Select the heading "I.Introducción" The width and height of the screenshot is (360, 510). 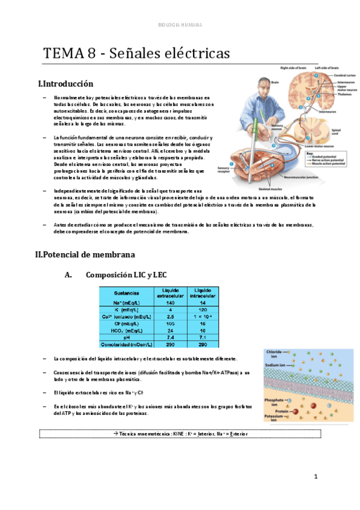coord(66,84)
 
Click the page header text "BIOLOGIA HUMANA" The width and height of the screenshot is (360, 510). coord(180,25)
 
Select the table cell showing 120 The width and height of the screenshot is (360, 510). coord(203,310)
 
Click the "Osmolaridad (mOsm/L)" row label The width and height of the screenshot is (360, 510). coord(127,345)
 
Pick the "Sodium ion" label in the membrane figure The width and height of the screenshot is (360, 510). coord(277,364)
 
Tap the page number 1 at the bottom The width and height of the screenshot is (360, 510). coord(315,476)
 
